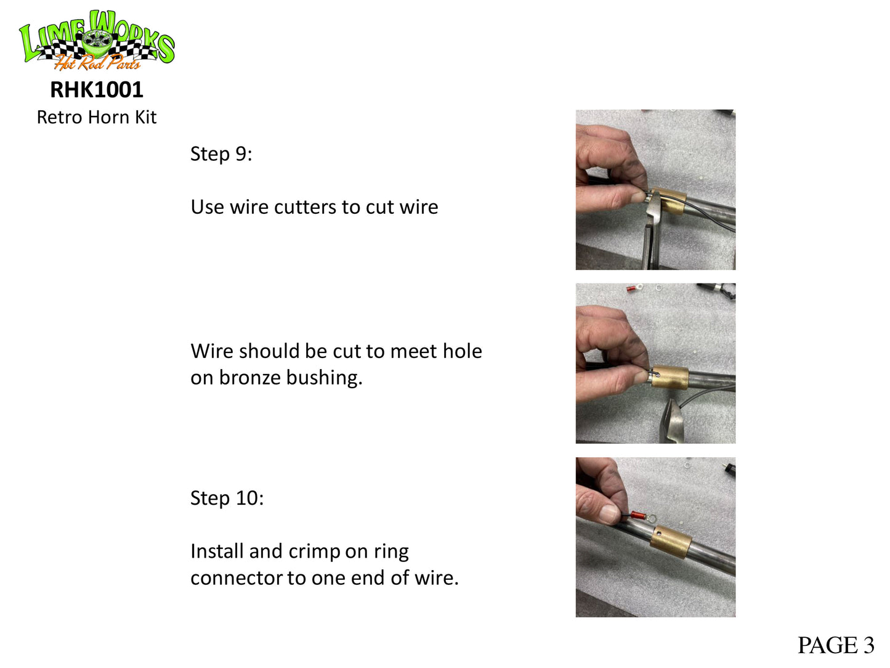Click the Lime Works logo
[x=97, y=40]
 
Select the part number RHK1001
[x=97, y=89]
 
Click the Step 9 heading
[x=221, y=154]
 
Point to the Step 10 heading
[x=227, y=498]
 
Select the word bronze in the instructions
[x=250, y=378]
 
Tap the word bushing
[x=324, y=378]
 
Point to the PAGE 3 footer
[x=836, y=645]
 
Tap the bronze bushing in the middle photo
[x=670, y=378]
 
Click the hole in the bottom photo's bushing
[x=659, y=533]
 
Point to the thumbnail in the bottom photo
[x=609, y=513]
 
